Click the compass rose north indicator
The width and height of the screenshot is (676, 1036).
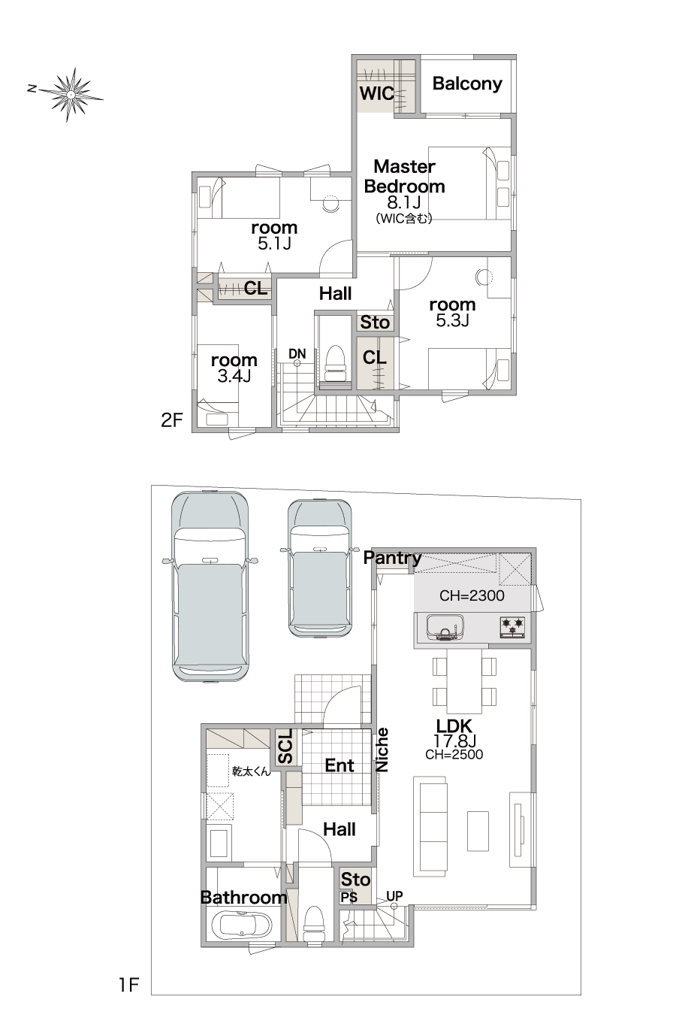click(x=32, y=88)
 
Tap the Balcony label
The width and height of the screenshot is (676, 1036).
click(x=467, y=83)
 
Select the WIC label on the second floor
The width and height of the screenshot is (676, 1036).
click(x=376, y=93)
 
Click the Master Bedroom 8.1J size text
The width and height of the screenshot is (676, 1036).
click(x=404, y=202)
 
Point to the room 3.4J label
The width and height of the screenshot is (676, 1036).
click(x=234, y=368)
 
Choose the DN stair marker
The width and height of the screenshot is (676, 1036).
click(x=297, y=354)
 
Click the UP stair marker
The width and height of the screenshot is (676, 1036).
click(x=394, y=896)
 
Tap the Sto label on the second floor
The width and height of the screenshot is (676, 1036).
click(x=375, y=323)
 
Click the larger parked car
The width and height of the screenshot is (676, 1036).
click(x=210, y=586)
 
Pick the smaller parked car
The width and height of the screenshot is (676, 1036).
click(x=320, y=568)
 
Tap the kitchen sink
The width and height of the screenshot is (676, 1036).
click(x=445, y=628)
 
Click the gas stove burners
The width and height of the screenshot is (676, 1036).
click(x=512, y=627)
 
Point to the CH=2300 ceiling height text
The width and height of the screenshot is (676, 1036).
click(x=472, y=595)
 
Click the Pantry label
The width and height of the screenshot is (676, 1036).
click(x=392, y=559)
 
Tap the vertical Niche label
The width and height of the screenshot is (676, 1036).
click(x=382, y=750)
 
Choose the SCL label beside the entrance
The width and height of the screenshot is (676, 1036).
click(x=285, y=747)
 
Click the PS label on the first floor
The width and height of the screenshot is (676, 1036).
click(x=349, y=897)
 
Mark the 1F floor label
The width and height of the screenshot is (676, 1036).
click(x=129, y=985)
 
